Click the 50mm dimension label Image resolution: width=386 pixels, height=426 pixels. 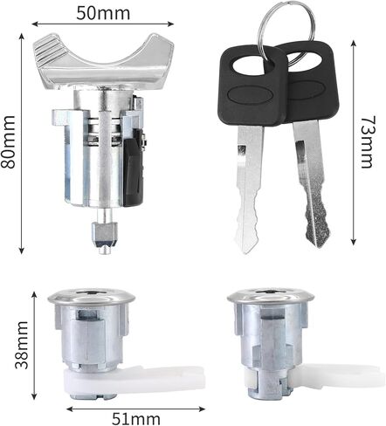pos(103,14)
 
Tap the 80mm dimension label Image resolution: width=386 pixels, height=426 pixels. pos(8,142)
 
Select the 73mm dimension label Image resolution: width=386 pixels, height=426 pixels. pos(366,142)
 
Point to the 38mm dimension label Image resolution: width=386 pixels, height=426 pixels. pos(22,345)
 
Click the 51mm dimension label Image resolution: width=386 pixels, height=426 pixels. pos(136,419)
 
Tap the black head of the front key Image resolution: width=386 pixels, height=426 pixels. pos(252,86)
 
